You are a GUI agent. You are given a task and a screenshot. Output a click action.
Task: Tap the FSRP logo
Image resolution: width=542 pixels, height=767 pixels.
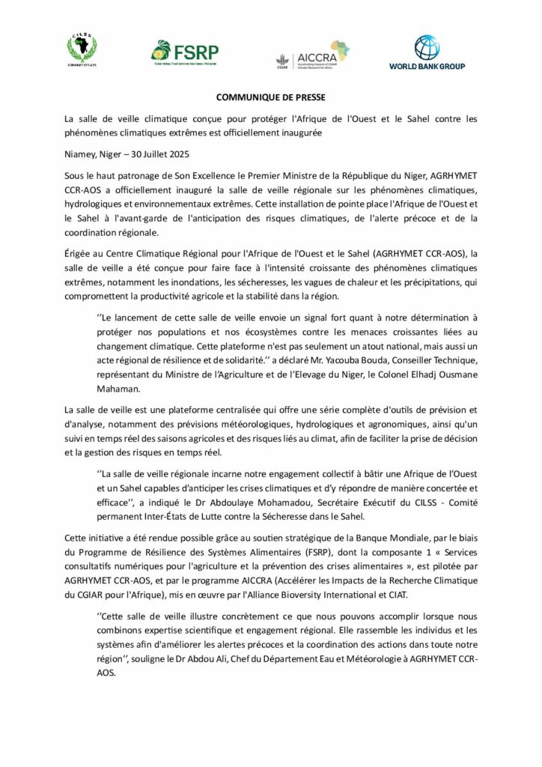pyautogui.click(x=184, y=52)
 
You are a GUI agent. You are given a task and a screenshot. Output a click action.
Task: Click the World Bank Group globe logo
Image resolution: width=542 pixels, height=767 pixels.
pyautogui.click(x=427, y=52)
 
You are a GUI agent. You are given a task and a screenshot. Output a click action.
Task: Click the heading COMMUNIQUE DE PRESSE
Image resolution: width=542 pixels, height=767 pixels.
pyautogui.click(x=271, y=97)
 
